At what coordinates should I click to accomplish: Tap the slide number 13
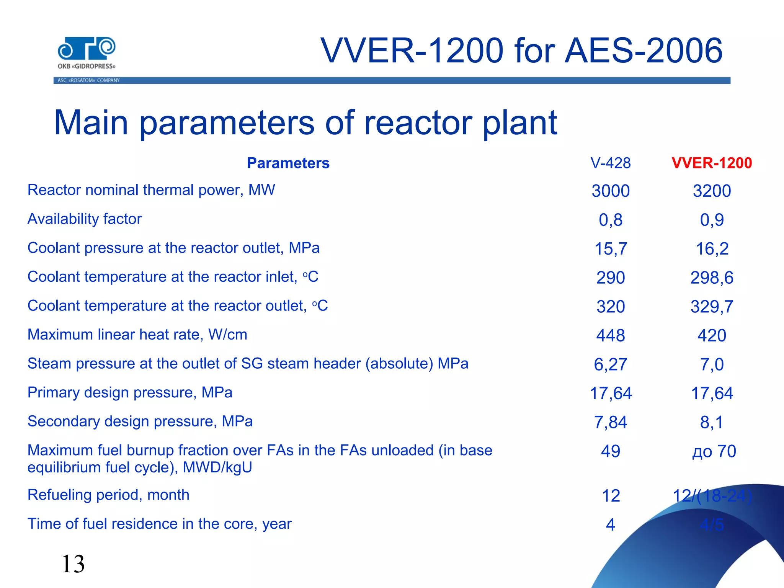(x=73, y=564)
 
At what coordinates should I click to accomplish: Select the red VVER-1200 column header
(x=712, y=163)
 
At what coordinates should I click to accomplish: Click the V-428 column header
(x=610, y=163)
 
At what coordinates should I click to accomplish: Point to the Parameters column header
(x=288, y=163)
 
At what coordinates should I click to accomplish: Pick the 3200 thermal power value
(x=712, y=191)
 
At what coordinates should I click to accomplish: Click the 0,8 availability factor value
(x=610, y=220)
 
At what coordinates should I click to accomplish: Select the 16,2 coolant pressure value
(x=712, y=249)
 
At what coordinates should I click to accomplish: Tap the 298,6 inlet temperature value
(x=712, y=278)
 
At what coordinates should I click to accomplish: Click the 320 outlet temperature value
(x=610, y=307)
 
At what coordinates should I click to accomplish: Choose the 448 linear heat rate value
(x=610, y=335)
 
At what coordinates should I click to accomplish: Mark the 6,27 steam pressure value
(x=610, y=364)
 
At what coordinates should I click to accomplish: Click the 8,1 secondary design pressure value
(x=712, y=422)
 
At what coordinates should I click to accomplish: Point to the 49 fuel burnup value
(x=610, y=451)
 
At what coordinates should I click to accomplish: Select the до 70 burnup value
(x=714, y=451)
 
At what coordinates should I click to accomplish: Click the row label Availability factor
(x=85, y=219)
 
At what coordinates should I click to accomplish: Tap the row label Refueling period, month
(x=108, y=495)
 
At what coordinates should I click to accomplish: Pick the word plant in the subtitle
(x=519, y=123)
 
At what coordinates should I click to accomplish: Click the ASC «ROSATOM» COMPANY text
(x=88, y=80)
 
